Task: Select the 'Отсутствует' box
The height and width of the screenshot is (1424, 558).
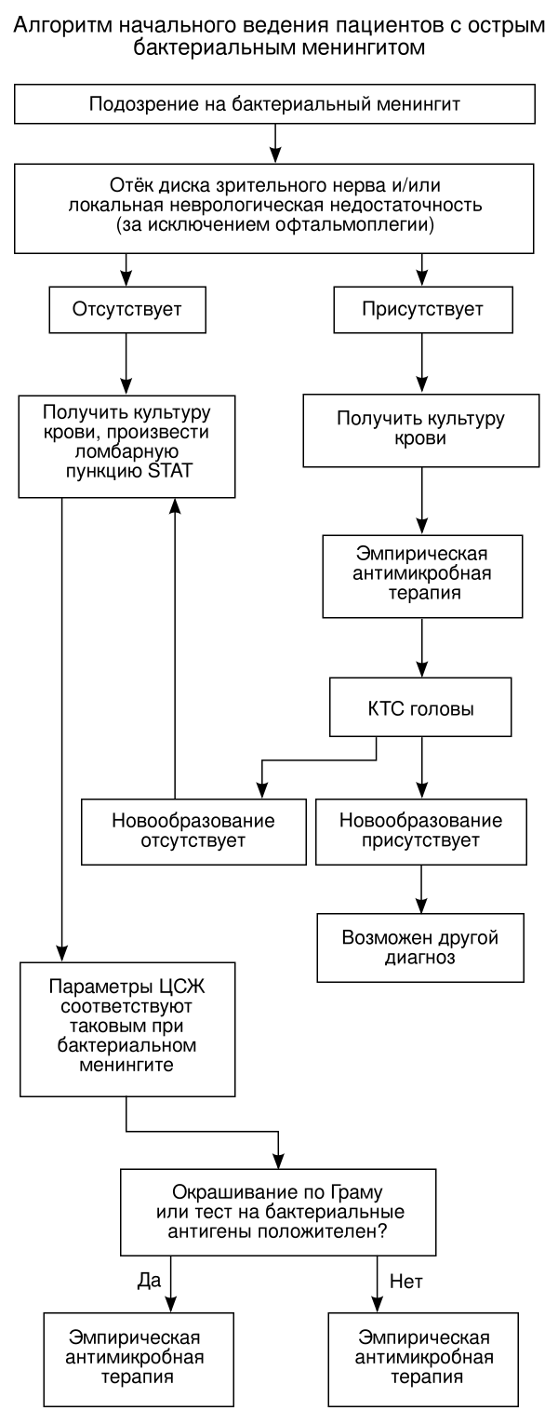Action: tap(126, 308)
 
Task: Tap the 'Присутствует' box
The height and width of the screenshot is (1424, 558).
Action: tap(423, 308)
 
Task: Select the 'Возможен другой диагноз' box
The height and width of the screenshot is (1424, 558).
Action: tap(423, 946)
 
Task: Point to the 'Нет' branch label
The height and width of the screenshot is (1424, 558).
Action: tap(406, 1282)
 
